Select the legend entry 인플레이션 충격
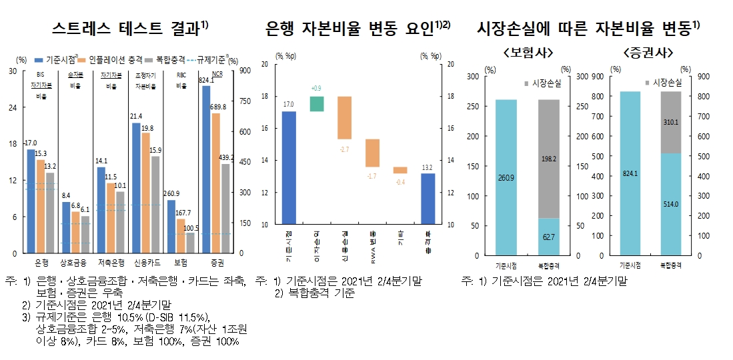point(121,59)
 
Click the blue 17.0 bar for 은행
point(31,200)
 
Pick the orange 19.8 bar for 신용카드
point(145,193)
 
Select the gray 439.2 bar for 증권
point(225,208)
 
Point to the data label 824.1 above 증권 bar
point(206,80)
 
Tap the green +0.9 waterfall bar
point(316,104)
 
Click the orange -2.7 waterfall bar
point(344,118)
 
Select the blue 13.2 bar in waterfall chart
point(428,199)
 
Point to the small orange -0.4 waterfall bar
point(400,170)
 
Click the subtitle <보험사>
point(528,52)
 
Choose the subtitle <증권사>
point(647,52)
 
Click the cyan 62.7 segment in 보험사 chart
point(548,237)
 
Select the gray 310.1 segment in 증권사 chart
point(672,123)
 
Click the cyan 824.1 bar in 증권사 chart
point(630,173)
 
